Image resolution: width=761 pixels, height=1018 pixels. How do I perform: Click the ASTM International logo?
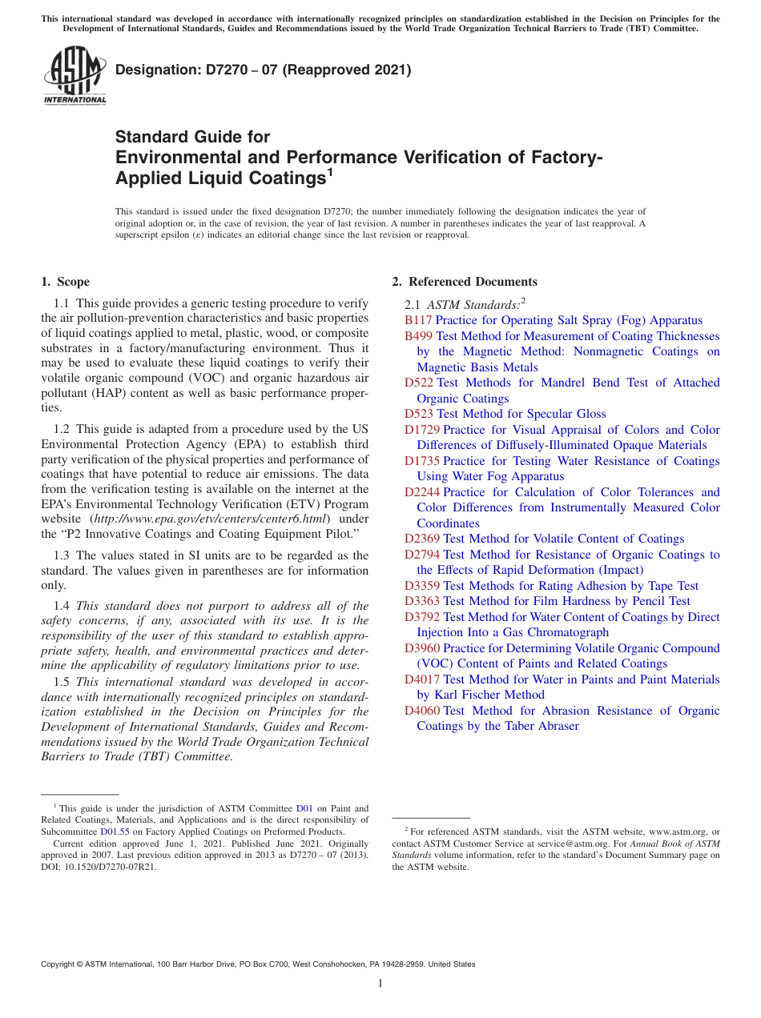(x=74, y=76)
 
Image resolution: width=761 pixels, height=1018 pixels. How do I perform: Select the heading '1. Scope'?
(x=65, y=282)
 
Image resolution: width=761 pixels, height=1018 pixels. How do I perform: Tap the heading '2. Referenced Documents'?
(x=465, y=282)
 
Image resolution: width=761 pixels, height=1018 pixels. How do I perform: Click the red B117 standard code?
(x=418, y=320)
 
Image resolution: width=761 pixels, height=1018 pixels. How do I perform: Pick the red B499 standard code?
(x=418, y=336)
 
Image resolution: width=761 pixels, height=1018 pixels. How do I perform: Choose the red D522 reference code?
(x=420, y=383)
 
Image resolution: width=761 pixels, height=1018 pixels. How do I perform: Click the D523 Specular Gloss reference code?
(x=420, y=414)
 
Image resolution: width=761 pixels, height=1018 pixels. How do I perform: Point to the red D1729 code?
(x=422, y=430)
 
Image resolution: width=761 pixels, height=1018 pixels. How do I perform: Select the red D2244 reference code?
(x=422, y=492)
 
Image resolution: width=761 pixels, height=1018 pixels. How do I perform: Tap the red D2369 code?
(x=422, y=539)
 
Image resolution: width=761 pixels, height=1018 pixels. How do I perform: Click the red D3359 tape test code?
(x=422, y=586)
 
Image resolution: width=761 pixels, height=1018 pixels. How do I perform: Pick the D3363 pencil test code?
(x=422, y=601)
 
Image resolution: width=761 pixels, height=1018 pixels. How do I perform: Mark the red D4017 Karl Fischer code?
(x=422, y=679)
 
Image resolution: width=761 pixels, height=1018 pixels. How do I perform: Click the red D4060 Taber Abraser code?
(x=422, y=711)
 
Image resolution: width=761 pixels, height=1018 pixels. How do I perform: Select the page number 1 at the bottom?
(x=380, y=984)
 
